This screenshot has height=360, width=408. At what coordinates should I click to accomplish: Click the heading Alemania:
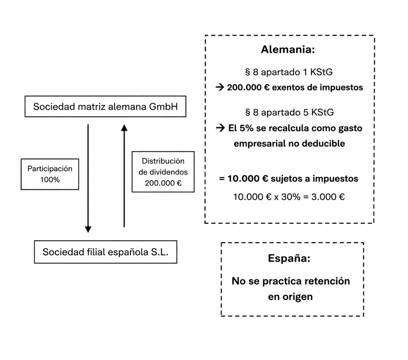(288, 49)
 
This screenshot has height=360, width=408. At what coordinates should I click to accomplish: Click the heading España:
(289, 258)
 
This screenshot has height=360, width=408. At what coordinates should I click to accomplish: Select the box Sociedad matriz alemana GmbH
(105, 106)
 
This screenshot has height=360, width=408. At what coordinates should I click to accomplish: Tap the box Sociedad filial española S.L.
(105, 252)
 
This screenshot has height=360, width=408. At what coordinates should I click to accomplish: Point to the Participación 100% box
(50, 174)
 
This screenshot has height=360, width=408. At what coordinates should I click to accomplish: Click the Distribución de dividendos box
(163, 172)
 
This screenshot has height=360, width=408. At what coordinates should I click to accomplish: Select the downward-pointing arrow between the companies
(88, 178)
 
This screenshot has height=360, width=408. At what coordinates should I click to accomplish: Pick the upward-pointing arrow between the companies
(124, 176)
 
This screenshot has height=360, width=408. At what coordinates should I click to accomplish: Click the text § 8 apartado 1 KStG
(289, 72)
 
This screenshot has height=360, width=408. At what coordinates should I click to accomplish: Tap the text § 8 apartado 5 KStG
(289, 112)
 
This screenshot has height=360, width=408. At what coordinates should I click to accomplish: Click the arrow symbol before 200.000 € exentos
(220, 87)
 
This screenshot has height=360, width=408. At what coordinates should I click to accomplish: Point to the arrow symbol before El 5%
(220, 128)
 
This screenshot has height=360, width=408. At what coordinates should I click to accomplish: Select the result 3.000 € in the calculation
(328, 197)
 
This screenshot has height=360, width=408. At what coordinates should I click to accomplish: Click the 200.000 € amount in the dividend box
(163, 183)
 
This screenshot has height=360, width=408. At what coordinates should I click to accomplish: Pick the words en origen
(290, 297)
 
